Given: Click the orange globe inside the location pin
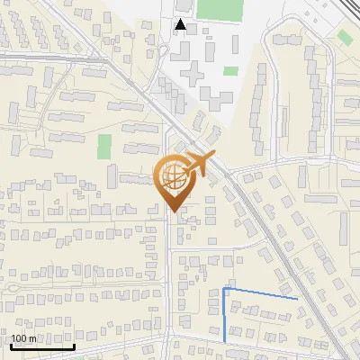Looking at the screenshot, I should [175, 180].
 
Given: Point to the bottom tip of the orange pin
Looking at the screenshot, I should [175, 212].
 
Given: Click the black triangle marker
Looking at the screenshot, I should [181, 24].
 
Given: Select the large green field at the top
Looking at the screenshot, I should [220, 10].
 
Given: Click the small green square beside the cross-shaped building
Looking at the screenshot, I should [231, 71].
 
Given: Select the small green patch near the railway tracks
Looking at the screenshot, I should [345, 37].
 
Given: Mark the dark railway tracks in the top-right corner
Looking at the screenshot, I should [338, 6].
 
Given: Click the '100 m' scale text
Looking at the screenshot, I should [24, 338].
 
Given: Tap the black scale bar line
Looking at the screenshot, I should [42, 346].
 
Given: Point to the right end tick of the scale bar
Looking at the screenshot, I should [74, 345].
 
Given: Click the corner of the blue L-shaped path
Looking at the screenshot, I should [224, 290].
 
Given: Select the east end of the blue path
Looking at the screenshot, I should [297, 297].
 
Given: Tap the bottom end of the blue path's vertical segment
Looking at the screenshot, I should [224, 340].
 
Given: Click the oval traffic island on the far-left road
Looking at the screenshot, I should [17, 287].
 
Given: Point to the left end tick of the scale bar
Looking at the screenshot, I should [11, 345].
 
